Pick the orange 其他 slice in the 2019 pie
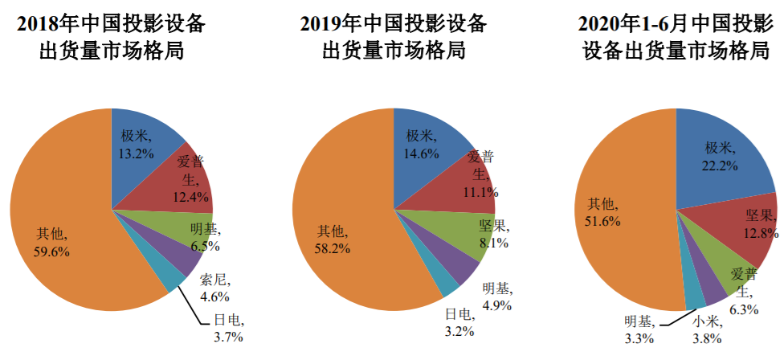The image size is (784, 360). [337, 233]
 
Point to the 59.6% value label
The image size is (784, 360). [51, 252]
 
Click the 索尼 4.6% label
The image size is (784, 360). [214, 289]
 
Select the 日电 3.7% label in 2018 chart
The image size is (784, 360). [228, 329]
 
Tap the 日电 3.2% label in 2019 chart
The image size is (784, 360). [460, 321]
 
